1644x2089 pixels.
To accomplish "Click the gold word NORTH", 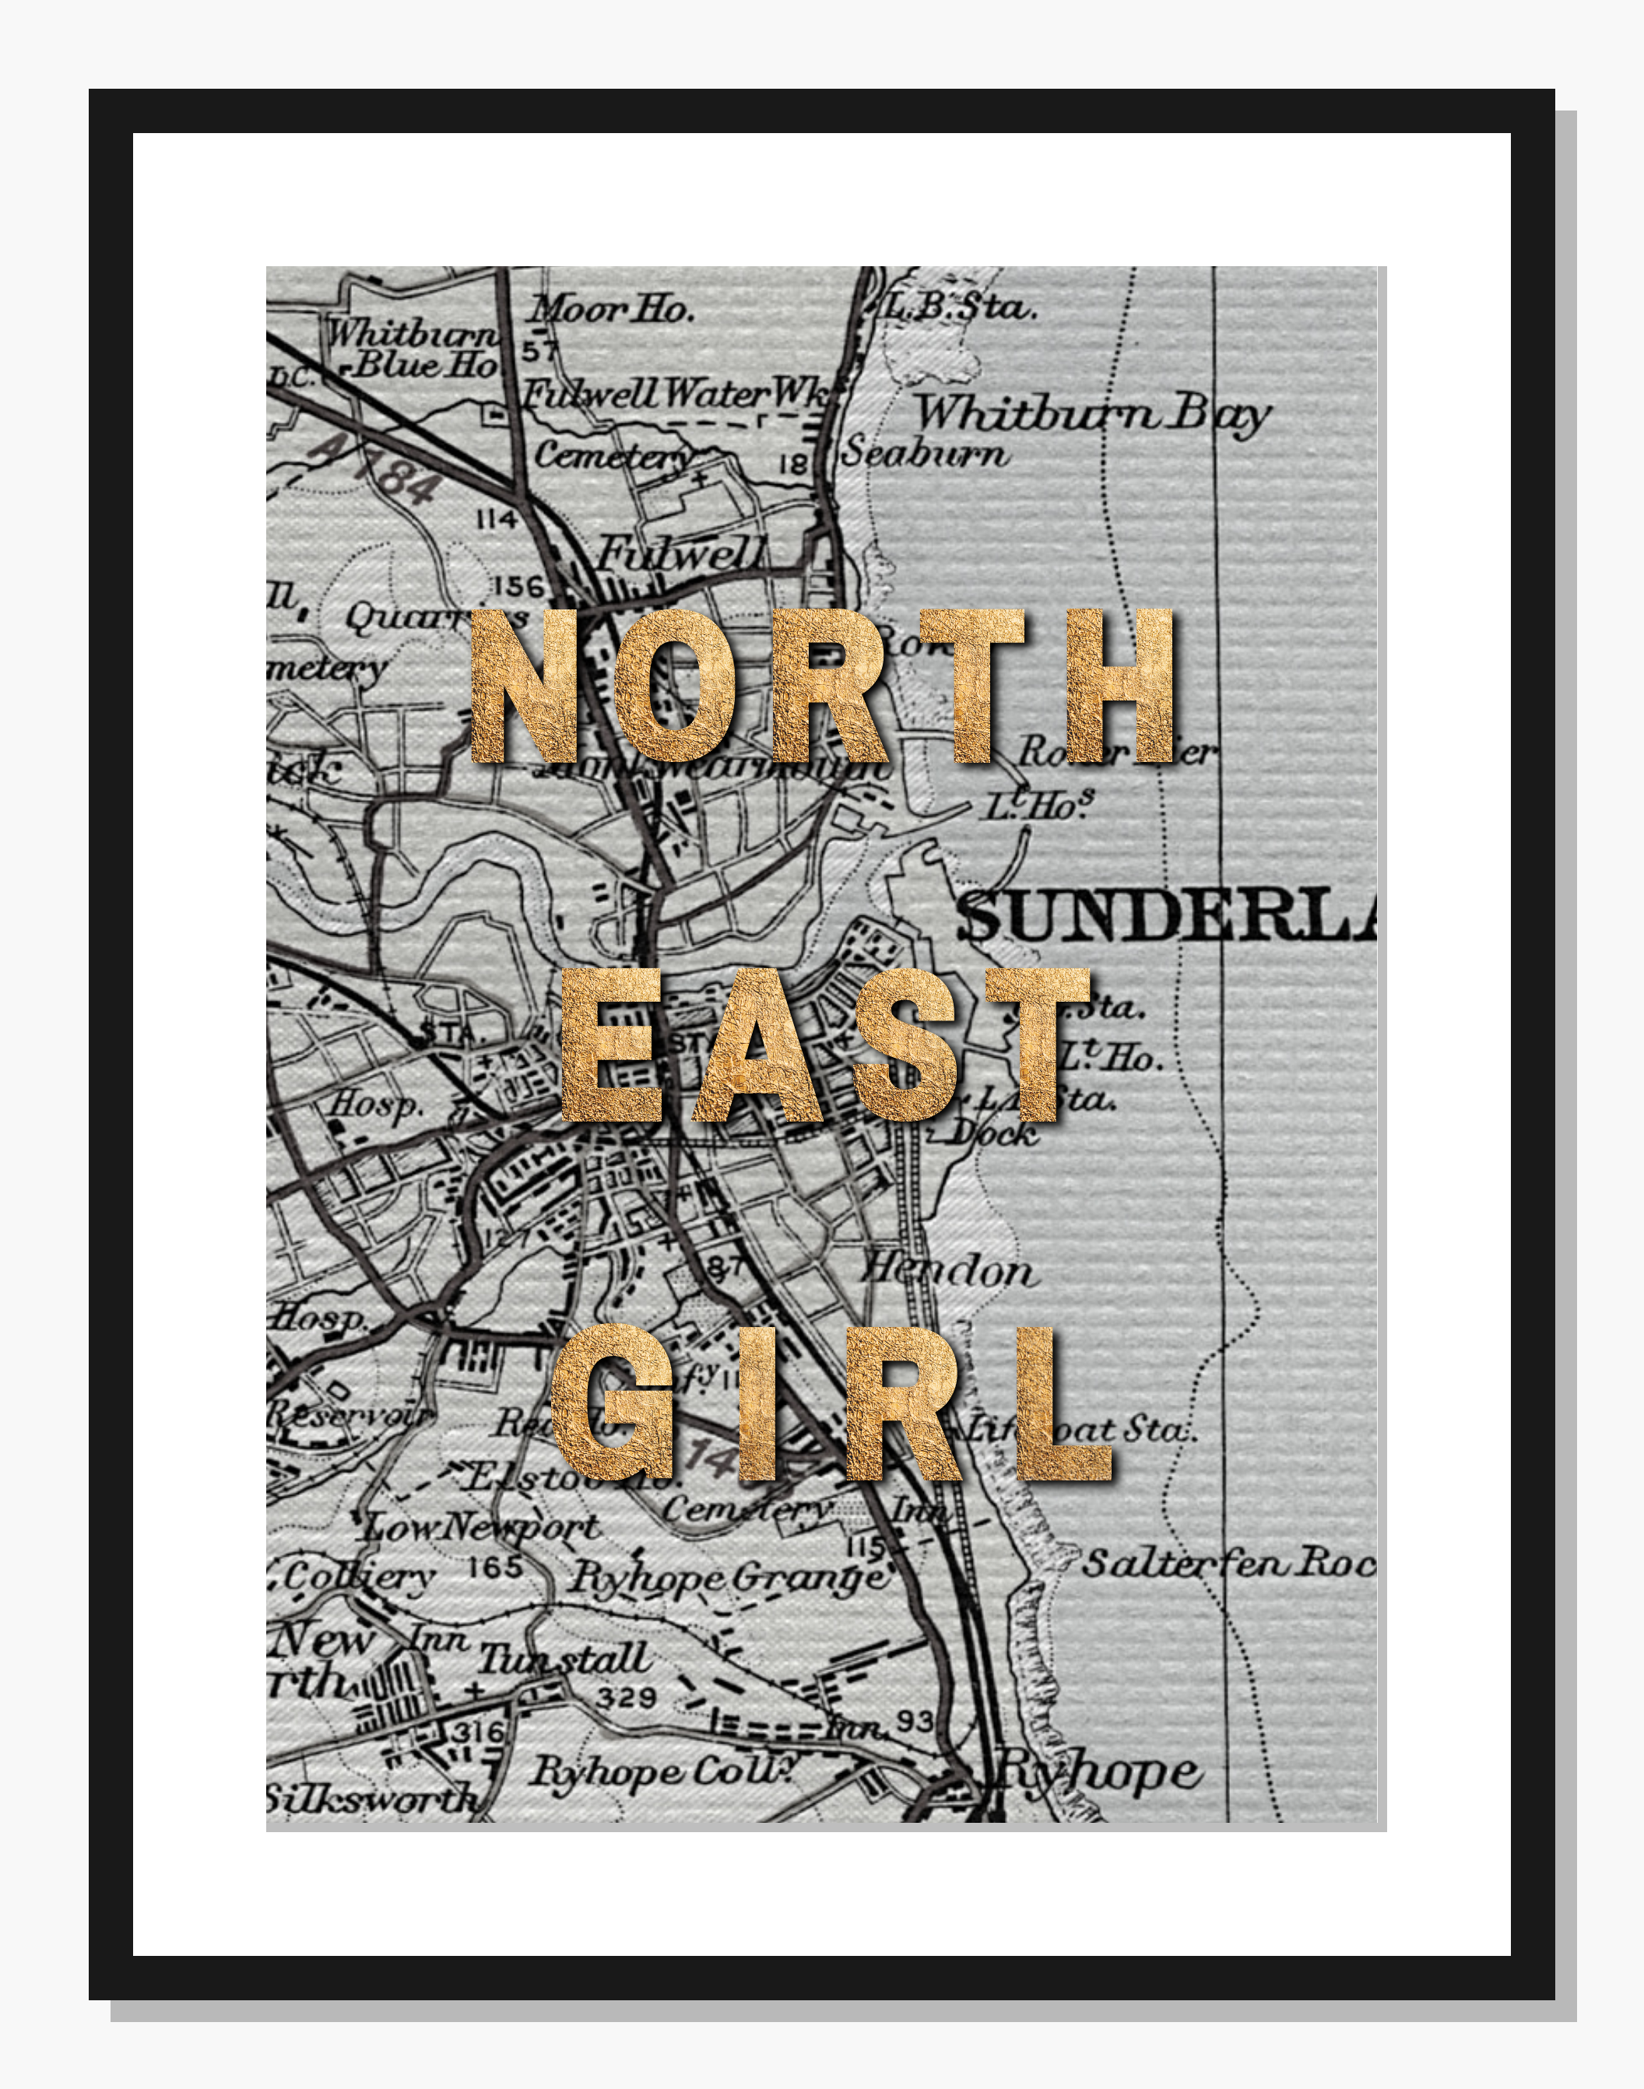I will coord(821,685).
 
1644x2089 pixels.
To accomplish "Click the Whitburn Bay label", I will coord(1091,414).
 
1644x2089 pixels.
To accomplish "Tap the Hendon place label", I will coord(948,1270).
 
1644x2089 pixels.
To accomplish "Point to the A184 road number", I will coord(376,469).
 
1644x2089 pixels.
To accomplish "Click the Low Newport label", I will coord(481,1526).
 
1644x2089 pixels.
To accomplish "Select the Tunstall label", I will coord(565,1658).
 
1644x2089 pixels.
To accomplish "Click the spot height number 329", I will coord(626,1697).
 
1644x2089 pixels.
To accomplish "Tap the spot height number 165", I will coord(495,1567).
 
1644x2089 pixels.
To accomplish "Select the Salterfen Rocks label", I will coord(1228,1563).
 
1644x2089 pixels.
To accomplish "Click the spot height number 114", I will coord(497,520).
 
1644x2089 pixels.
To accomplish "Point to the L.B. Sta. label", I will coord(959,307).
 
